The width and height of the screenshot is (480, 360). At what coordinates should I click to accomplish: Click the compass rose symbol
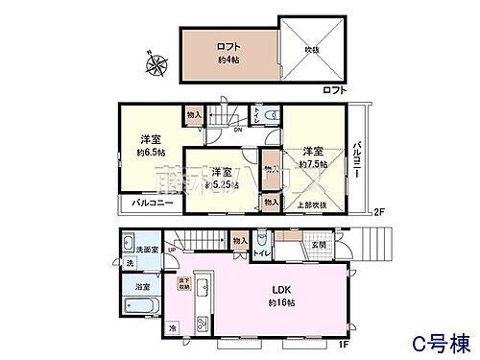click(x=156, y=66)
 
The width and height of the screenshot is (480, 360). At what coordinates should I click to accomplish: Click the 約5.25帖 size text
click(x=222, y=183)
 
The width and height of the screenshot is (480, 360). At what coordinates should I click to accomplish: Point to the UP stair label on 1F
click(x=172, y=251)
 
